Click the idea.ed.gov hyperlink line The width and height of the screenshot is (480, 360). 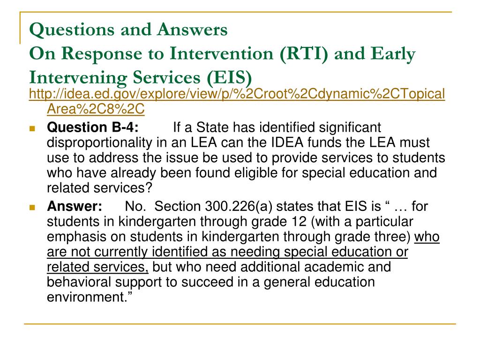[x=237, y=94]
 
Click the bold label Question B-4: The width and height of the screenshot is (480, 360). [x=93, y=127]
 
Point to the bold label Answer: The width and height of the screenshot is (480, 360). [x=75, y=206]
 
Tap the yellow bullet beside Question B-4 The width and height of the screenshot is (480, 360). [x=32, y=128]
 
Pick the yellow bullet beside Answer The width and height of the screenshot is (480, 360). [x=32, y=207]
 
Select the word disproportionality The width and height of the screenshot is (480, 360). [x=104, y=142]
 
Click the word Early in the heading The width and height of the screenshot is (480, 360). [x=392, y=54]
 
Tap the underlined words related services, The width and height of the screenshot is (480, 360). [x=97, y=267]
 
